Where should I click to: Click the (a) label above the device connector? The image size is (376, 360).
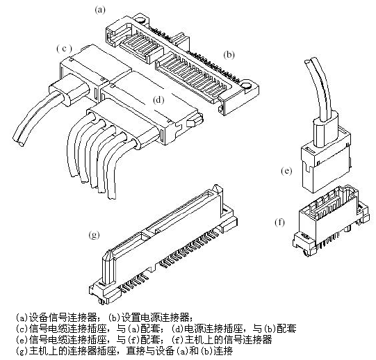point(100,10)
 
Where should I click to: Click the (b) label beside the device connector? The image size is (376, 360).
point(229,55)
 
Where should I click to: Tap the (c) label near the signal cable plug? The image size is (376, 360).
point(64,49)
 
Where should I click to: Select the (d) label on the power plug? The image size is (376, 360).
point(158,100)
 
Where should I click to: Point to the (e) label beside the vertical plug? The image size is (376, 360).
point(286,171)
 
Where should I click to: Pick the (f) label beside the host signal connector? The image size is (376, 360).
point(280,222)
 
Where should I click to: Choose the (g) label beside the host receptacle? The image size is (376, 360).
point(95,235)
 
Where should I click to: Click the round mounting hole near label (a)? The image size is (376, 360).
point(141,19)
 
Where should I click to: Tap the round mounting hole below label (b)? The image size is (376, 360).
point(246,86)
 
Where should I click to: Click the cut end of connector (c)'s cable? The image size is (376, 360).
point(20,143)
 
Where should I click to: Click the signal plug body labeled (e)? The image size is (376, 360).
point(326,165)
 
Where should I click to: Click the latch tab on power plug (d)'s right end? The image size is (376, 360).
point(195,122)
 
